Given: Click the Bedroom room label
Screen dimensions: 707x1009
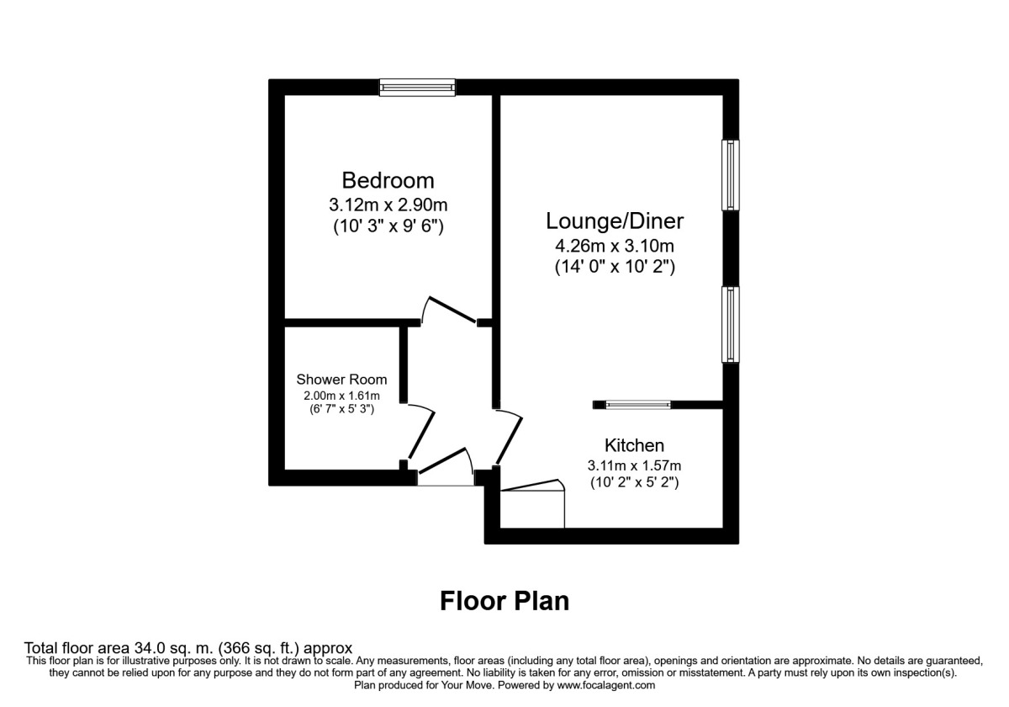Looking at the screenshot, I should click(x=388, y=180).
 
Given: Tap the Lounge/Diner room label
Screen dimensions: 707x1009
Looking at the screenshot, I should click(x=615, y=221).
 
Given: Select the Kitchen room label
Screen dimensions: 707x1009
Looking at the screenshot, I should click(x=634, y=445).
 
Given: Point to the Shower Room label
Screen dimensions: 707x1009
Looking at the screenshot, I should click(x=341, y=380).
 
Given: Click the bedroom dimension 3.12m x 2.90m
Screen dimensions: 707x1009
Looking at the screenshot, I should click(x=388, y=204).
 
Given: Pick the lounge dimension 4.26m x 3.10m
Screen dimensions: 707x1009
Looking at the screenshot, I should click(x=615, y=246).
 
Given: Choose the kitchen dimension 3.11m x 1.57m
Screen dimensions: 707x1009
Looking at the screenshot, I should click(x=634, y=465).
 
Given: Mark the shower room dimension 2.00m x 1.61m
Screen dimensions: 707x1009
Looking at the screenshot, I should click(x=341, y=396).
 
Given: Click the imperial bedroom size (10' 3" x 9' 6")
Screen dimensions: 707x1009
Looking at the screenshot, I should click(x=388, y=226).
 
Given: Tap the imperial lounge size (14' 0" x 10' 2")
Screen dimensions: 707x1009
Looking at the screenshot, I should click(x=615, y=268).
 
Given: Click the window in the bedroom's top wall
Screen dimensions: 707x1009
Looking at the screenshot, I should click(x=417, y=87).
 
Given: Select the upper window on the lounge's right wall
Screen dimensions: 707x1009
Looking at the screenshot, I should click(x=732, y=174).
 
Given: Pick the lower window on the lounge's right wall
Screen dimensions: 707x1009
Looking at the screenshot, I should click(x=732, y=325).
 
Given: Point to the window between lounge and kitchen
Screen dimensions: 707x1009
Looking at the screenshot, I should click(x=639, y=405).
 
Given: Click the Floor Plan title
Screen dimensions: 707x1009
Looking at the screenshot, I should click(x=504, y=601).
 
